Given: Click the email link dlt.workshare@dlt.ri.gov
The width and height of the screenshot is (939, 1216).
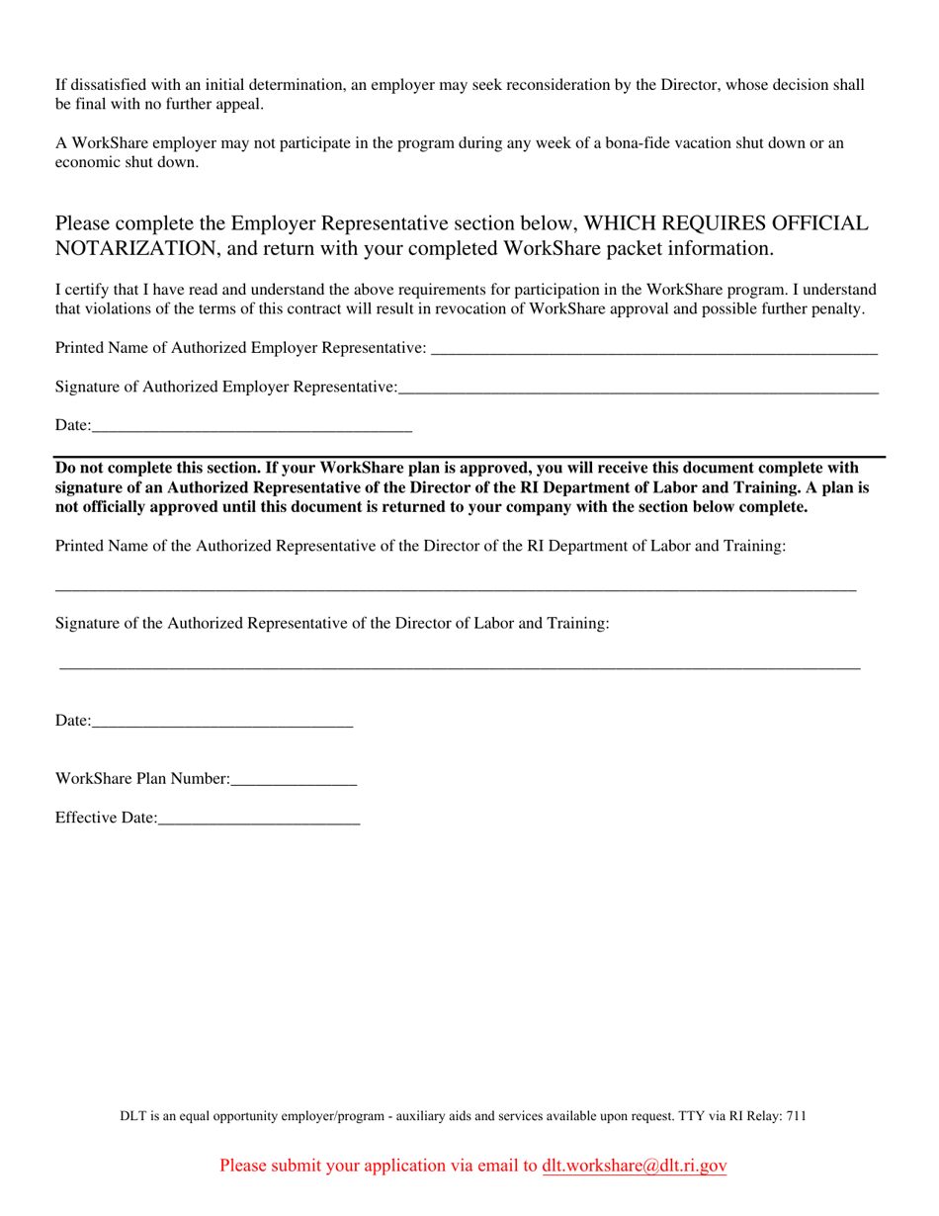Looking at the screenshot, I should coord(634,1166).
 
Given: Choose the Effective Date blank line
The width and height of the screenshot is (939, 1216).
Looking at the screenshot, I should coord(258,820).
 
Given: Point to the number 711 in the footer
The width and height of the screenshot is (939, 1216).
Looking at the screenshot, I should coord(796,1116).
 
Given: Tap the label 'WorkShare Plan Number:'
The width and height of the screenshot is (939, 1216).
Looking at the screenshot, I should coord(142,779).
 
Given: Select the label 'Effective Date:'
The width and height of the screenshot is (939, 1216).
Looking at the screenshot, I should coord(106,818).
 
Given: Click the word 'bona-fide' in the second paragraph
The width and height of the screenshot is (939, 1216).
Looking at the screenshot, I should coord(668,143).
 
